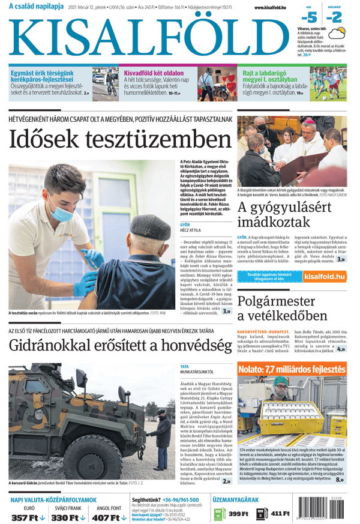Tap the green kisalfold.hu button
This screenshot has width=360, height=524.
[324, 277]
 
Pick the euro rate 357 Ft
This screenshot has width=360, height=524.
[24, 517]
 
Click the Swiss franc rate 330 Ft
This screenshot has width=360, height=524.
[67, 517]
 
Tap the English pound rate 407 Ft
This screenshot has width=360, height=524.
[109, 517]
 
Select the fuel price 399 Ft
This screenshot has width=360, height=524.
[238, 514]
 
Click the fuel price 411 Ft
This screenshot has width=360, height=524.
[280, 514]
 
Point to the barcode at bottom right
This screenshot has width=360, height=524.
[327, 511]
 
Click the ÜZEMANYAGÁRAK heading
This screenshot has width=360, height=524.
[235, 499]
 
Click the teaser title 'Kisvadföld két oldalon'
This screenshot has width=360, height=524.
[154, 73]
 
